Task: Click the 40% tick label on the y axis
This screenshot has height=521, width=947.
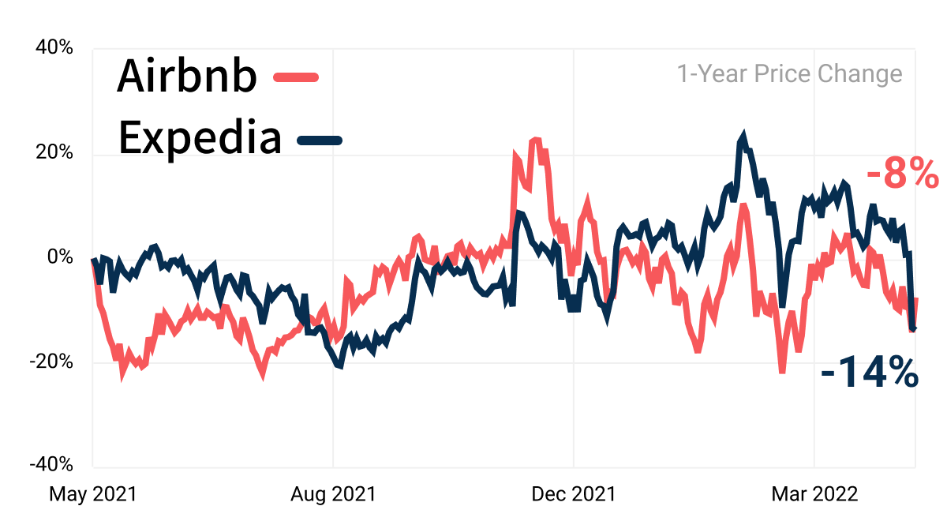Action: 54,47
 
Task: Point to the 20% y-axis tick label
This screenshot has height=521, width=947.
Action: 54,152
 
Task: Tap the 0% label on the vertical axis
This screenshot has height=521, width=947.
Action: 60,257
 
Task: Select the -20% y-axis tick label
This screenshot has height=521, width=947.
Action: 51,362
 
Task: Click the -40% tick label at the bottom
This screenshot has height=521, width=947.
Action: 51,464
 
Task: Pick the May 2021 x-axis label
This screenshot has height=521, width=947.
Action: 93,494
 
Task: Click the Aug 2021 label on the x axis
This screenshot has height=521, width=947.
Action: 333,494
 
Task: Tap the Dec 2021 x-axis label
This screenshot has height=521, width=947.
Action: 573,494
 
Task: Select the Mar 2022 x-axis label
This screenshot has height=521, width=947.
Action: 814,494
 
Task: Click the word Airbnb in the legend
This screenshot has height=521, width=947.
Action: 187,76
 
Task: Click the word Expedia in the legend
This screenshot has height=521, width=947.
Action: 200,138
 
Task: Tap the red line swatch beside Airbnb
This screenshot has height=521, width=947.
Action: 296,77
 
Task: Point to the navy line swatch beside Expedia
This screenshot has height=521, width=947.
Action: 320,141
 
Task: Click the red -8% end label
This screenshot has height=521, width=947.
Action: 902,173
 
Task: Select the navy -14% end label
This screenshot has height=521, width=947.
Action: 869,372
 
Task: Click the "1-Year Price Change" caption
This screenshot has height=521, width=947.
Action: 790,74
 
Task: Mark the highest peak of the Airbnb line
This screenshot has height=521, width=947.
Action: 536,139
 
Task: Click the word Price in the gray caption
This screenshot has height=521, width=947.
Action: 782,74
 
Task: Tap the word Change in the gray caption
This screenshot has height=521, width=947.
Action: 860,75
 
